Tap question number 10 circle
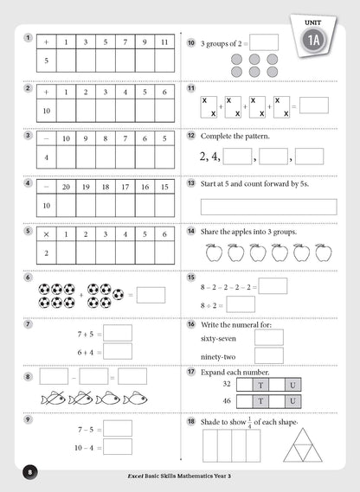(191, 42)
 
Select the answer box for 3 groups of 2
(264, 42)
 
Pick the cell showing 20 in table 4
(66, 185)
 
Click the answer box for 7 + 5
(119, 333)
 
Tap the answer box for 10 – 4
(119, 447)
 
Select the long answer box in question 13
(268, 207)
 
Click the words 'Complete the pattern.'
(235, 137)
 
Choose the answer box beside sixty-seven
(268, 337)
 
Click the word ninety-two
(218, 355)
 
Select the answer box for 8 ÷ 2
(241, 304)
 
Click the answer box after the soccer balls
(151, 295)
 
